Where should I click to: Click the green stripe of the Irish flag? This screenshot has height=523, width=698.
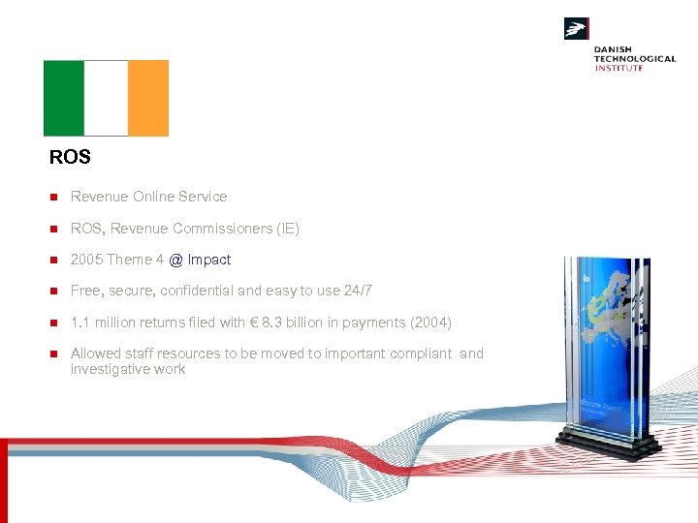click(x=64, y=98)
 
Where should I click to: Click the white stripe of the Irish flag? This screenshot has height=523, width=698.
click(x=106, y=98)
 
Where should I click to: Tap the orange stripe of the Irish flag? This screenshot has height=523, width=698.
click(x=148, y=98)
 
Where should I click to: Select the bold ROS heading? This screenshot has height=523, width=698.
click(x=70, y=157)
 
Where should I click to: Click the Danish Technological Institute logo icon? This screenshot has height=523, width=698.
click(x=577, y=29)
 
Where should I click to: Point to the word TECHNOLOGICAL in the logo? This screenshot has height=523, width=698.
click(x=635, y=58)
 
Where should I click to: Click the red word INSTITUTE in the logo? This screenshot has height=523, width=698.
click(x=619, y=68)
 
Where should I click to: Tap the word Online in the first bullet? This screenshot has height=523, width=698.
click(x=154, y=197)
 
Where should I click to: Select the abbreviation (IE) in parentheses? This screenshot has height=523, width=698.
click(x=288, y=229)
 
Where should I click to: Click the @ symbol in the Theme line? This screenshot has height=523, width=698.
click(x=175, y=260)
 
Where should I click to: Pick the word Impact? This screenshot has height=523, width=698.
click(x=209, y=260)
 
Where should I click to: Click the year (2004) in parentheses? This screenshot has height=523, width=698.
click(x=431, y=323)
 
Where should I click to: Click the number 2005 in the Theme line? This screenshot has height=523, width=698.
click(x=86, y=260)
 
